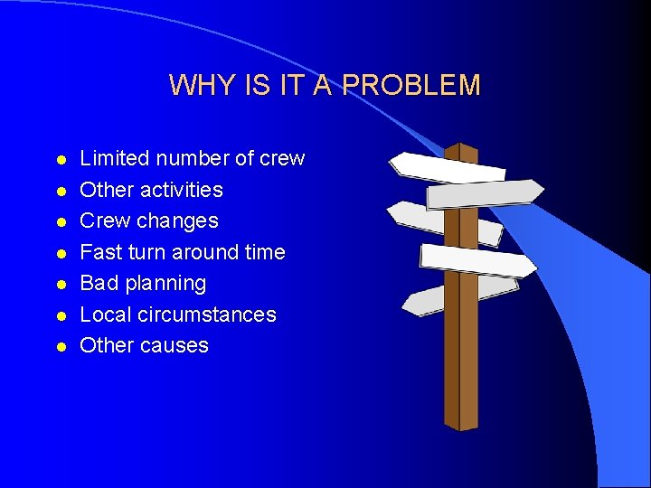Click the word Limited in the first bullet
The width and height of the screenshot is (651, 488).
tap(115, 159)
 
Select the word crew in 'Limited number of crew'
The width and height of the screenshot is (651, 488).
tap(282, 159)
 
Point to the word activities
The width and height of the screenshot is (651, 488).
tap(176, 190)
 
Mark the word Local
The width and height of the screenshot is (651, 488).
tap(105, 314)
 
